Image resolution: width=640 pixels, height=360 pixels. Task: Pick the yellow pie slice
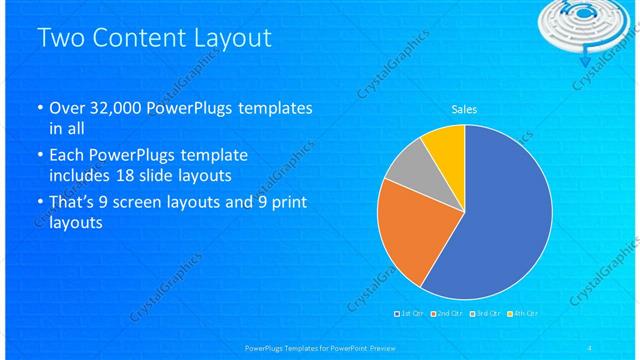point(444,146)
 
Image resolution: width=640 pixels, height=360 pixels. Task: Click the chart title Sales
point(464,109)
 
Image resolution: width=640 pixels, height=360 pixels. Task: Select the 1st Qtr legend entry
point(412,314)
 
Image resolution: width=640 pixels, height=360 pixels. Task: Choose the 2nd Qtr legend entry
point(447,314)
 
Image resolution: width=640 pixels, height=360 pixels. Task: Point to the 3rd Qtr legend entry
point(483,314)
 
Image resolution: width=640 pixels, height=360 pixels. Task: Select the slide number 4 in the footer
point(590,347)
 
